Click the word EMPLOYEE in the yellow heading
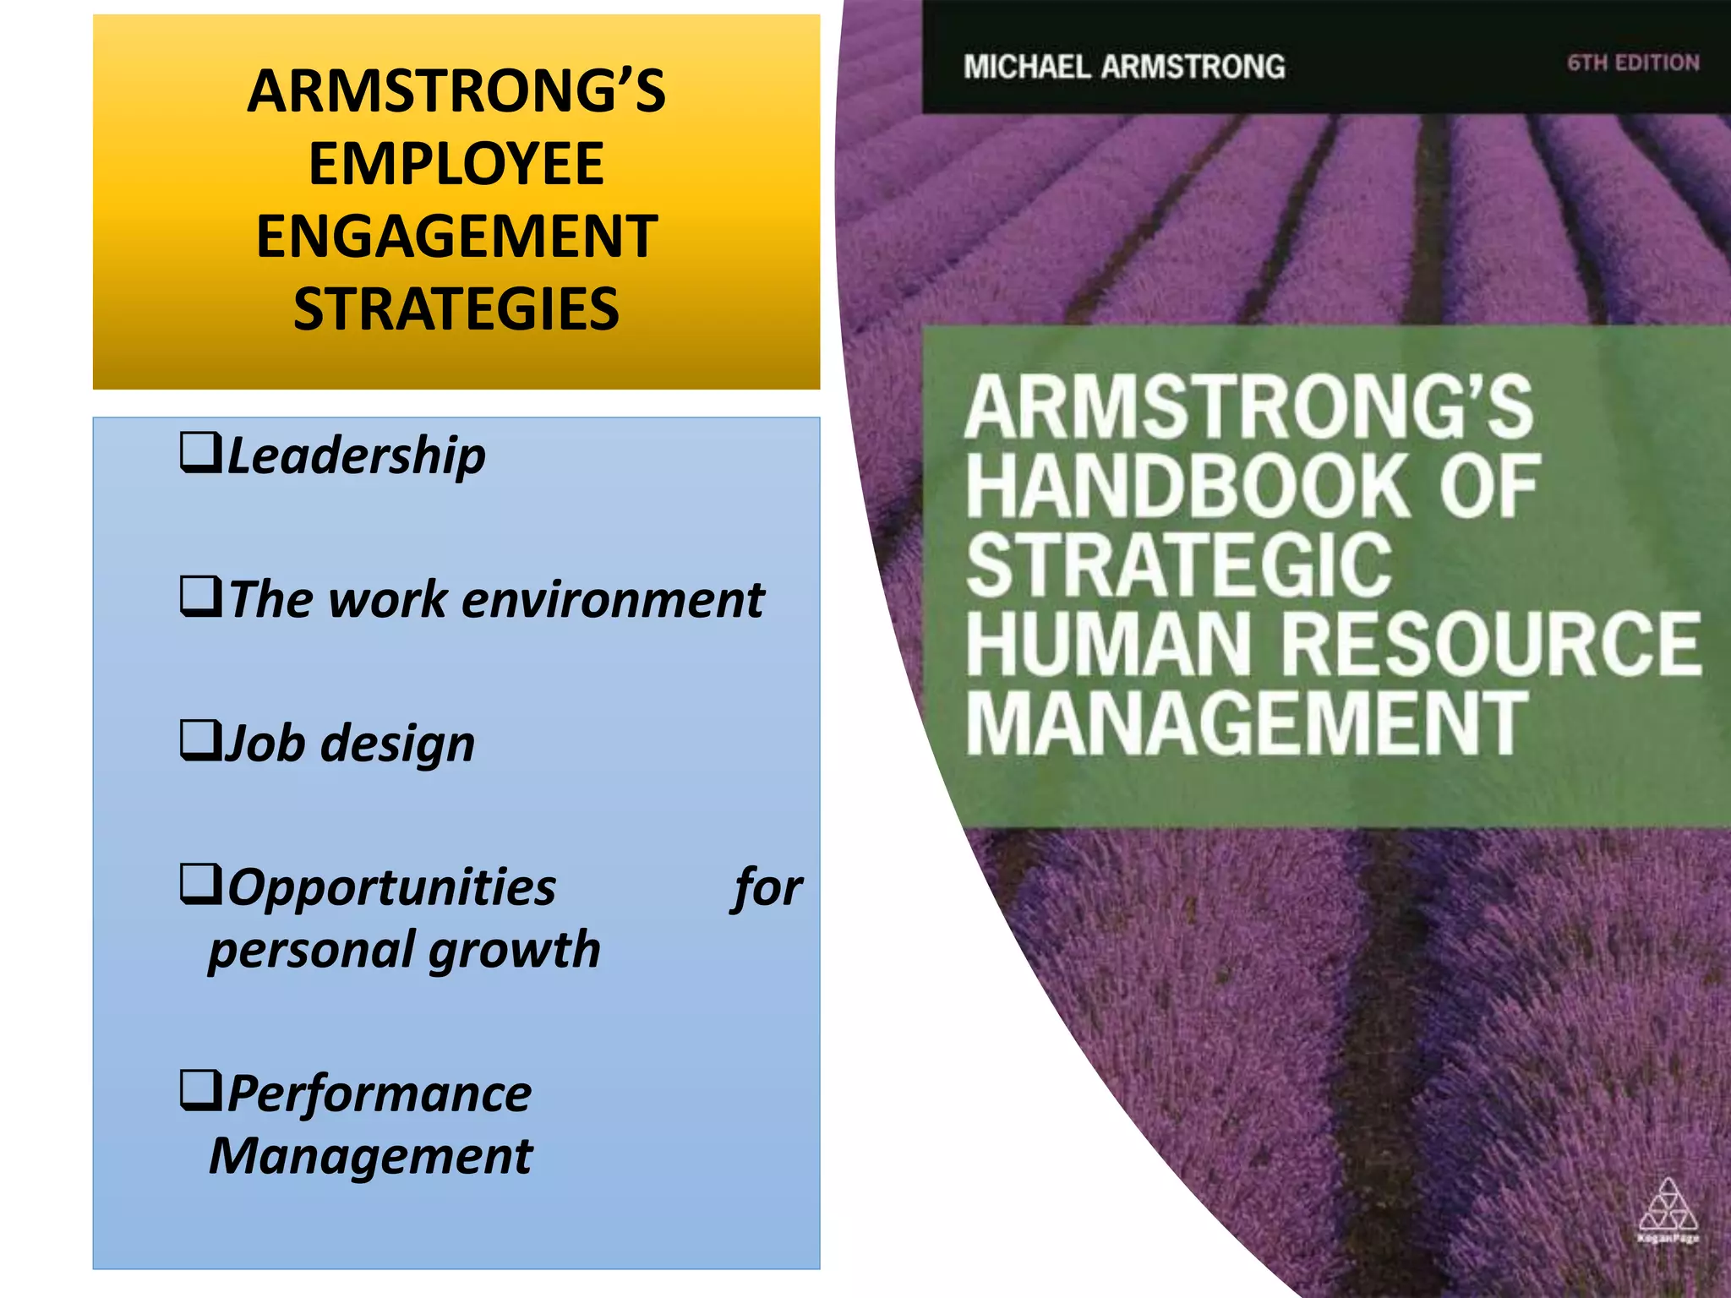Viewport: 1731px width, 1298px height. click(x=456, y=164)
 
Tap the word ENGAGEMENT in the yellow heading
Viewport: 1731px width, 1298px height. click(x=456, y=237)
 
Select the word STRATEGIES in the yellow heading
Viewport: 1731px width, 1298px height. click(x=456, y=309)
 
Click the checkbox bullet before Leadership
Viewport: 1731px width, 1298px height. click(x=200, y=453)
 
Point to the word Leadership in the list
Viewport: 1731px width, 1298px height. click(x=357, y=456)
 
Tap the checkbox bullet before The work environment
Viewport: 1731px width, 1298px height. click(x=200, y=597)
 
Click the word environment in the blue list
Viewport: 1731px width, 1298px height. click(x=613, y=600)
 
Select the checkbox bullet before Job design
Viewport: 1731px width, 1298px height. click(x=200, y=740)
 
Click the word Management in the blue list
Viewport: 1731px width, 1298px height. click(x=371, y=1156)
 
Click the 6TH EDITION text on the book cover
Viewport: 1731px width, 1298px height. click(x=1633, y=63)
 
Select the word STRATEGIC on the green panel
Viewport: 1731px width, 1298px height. click(x=1179, y=564)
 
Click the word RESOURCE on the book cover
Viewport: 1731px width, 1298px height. click(x=1492, y=644)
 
